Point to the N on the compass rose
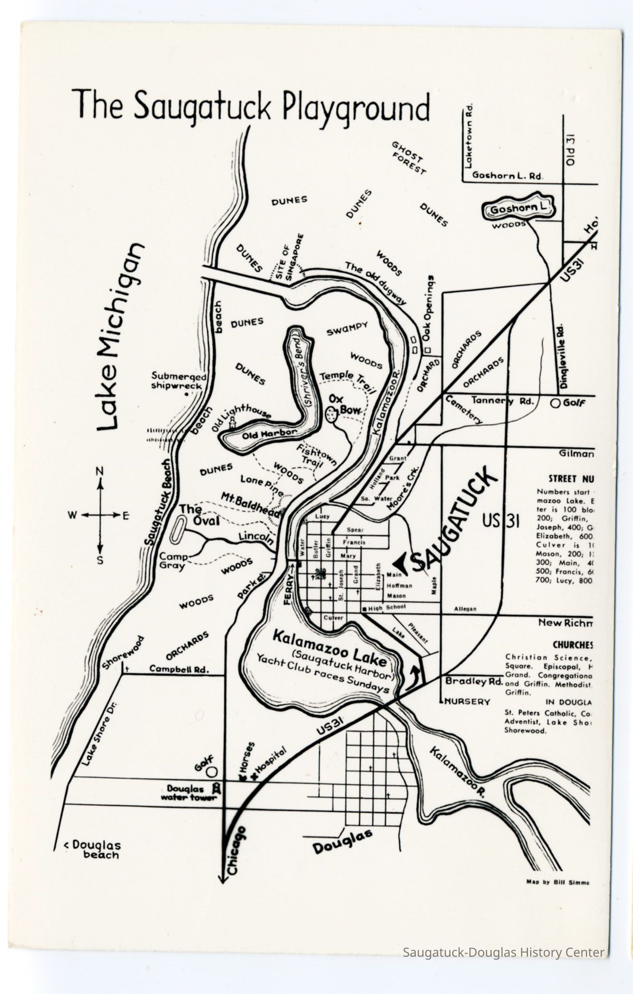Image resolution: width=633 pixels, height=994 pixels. [100, 471]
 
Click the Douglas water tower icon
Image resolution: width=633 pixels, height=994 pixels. [216, 788]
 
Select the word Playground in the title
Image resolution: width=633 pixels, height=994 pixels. [356, 109]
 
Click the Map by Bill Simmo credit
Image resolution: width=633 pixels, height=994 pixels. [557, 882]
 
